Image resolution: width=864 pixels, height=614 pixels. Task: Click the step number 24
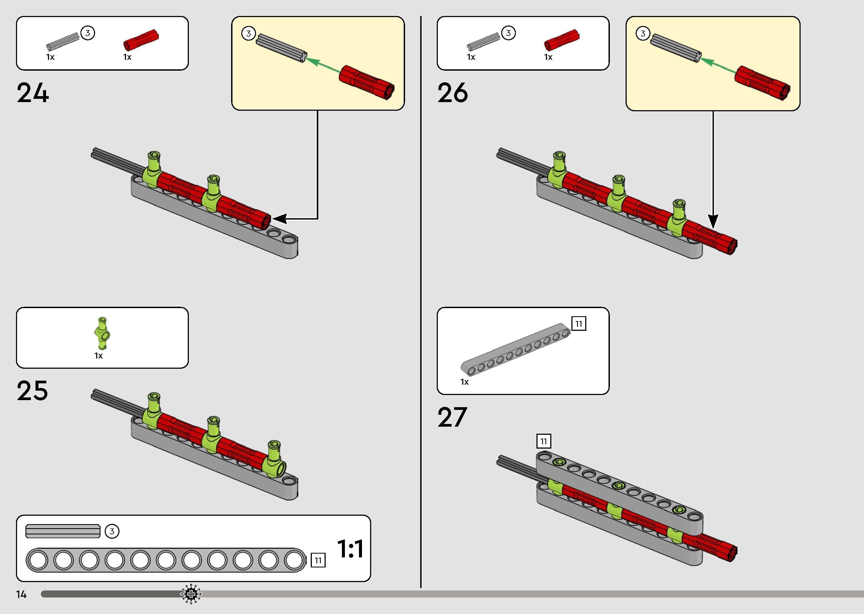[33, 93]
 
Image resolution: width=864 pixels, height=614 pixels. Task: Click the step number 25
[33, 391]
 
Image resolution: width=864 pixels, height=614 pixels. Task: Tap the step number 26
[453, 93]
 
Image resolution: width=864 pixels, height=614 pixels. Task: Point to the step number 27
[452, 417]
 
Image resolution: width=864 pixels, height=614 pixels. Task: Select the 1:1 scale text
[350, 549]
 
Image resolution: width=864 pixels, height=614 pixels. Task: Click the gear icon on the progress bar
[191, 594]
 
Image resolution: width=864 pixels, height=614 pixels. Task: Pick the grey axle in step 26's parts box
[483, 42]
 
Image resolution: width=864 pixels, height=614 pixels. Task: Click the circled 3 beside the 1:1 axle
[112, 531]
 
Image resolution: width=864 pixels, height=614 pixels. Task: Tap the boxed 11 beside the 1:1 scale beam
[318, 560]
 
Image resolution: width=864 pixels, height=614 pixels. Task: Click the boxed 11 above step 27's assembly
[543, 441]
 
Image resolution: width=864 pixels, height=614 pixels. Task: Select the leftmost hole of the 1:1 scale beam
[37, 560]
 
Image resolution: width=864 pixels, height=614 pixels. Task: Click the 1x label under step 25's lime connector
[99, 356]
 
